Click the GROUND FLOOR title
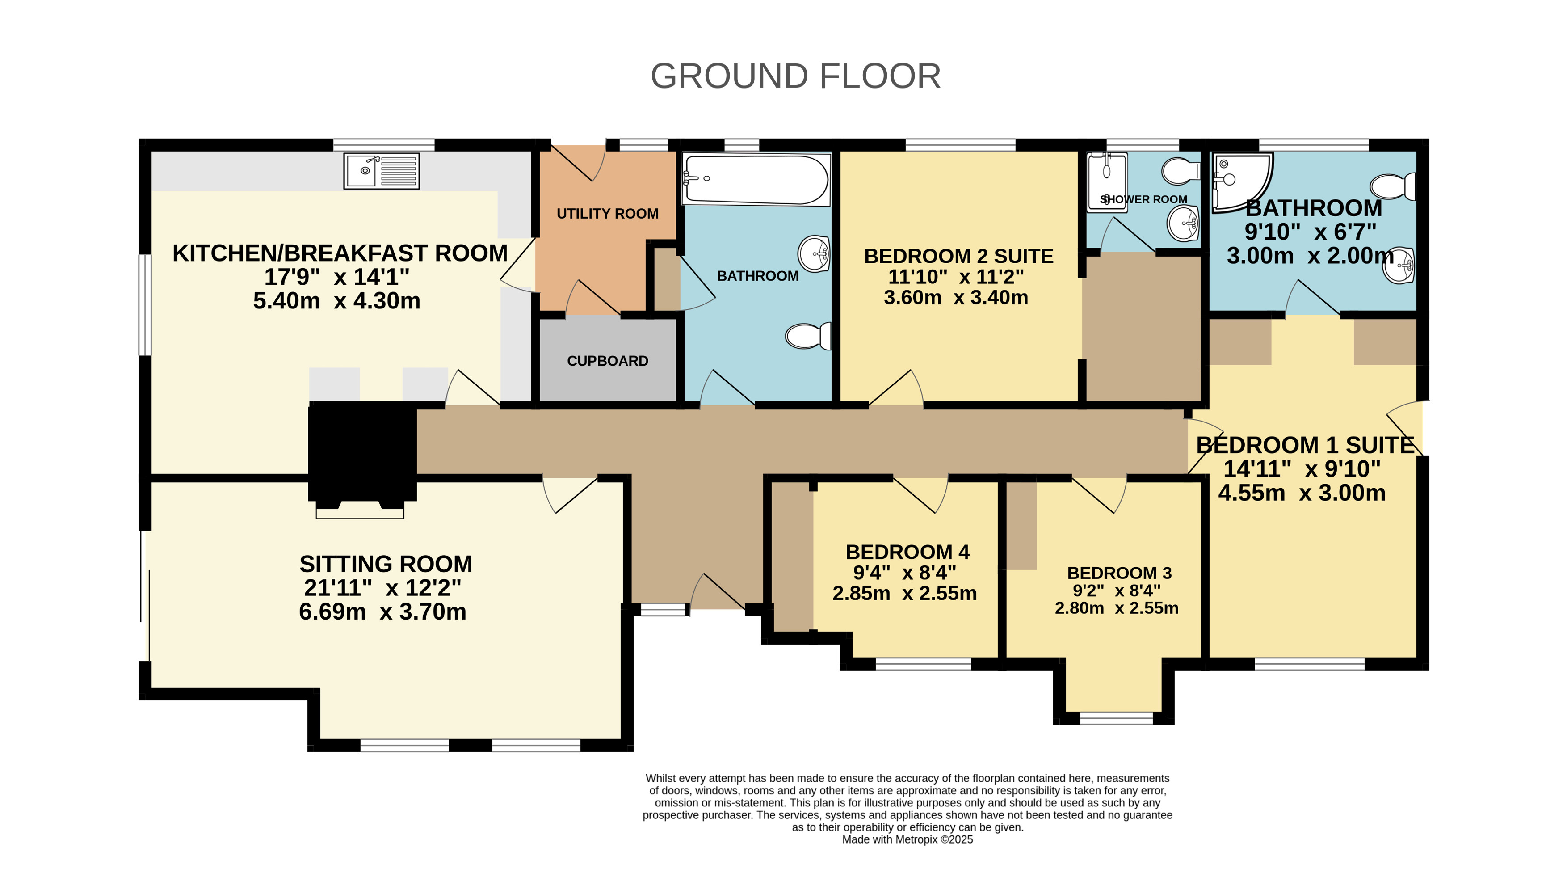(795, 76)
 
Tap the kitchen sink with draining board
(381, 171)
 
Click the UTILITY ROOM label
(607, 213)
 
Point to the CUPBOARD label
(607, 361)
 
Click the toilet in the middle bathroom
(808, 336)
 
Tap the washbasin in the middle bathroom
(814, 253)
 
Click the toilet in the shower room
(1181, 171)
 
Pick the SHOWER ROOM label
(1143, 199)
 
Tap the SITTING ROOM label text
(386, 564)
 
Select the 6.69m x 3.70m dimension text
(382, 611)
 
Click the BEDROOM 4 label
(907, 552)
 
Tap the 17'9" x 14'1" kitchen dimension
(336, 277)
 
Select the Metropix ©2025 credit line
(907, 839)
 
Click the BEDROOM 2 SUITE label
(958, 256)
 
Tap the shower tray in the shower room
(1107, 182)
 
